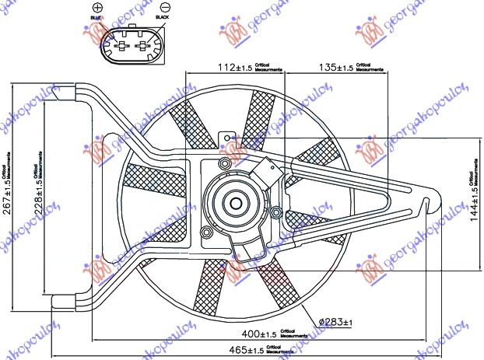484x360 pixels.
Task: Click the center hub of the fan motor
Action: tap(233, 203)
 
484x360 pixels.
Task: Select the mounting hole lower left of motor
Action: tap(205, 234)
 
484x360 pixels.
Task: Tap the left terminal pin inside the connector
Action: tap(121, 46)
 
